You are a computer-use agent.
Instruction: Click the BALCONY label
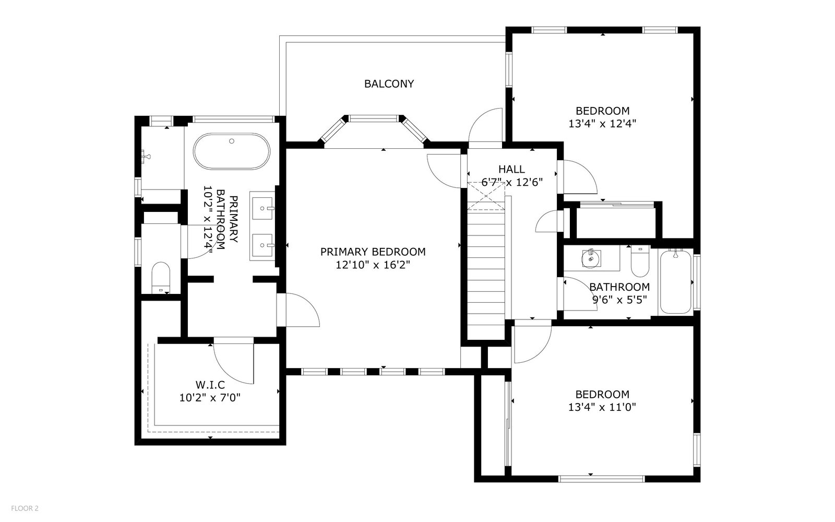[389, 84]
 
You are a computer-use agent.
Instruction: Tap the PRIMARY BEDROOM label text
[373, 252]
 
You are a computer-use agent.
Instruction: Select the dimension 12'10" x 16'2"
[373, 265]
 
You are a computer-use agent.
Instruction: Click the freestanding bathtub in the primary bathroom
[232, 151]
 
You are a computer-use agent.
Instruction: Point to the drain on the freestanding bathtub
[232, 141]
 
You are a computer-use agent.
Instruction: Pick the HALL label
[511, 169]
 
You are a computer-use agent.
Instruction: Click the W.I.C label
[210, 384]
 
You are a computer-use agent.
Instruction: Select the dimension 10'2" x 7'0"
[210, 398]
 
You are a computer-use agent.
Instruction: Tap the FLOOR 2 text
[25, 508]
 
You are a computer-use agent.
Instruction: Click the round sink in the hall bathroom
[591, 258]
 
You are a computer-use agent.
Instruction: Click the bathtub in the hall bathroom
[675, 281]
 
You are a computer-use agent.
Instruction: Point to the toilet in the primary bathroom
[161, 278]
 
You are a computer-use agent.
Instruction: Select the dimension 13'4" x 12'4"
[602, 124]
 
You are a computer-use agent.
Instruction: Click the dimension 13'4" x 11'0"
[602, 407]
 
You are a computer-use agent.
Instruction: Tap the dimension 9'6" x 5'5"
[619, 300]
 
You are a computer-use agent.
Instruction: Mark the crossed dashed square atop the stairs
[486, 196]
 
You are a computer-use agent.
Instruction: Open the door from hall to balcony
[486, 125]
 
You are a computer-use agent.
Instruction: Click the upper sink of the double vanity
[263, 208]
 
